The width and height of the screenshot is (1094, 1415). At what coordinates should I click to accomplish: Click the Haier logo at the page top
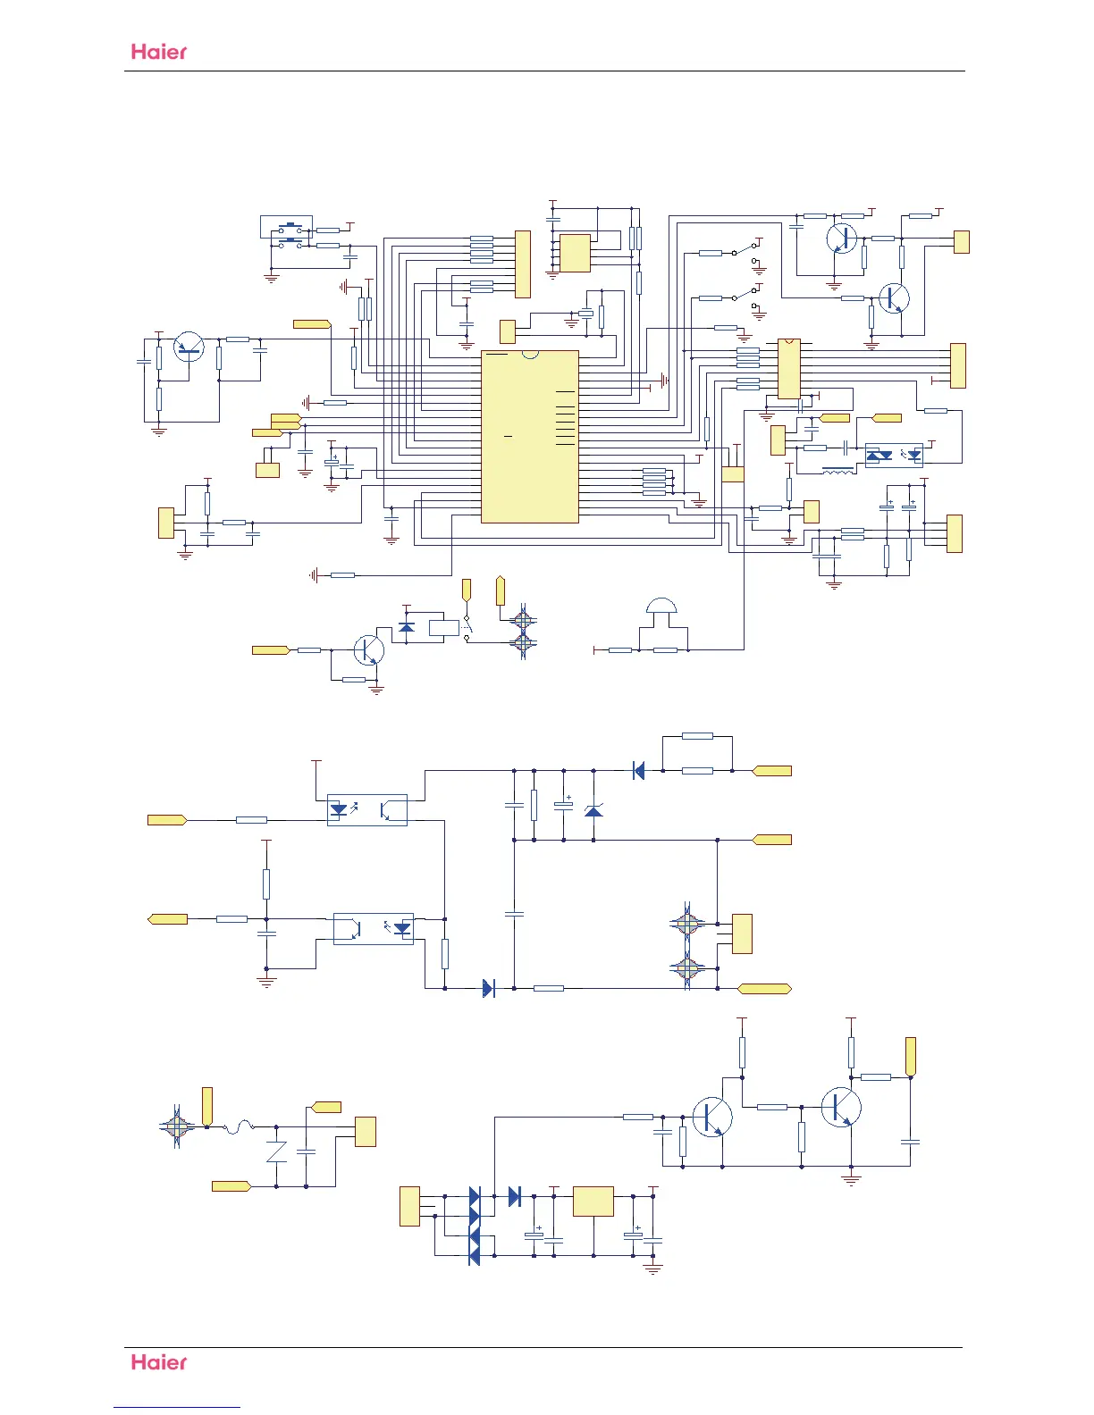coord(159,52)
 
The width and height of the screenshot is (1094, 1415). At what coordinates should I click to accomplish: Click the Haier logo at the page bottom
coord(159,1362)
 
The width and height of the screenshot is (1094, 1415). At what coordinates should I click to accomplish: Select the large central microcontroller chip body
coord(530,437)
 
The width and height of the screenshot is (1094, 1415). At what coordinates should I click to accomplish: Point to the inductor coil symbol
coord(837,471)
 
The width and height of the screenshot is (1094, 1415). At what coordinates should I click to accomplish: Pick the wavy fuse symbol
coord(239,1128)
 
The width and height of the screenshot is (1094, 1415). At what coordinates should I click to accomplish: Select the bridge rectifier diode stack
coord(475,1227)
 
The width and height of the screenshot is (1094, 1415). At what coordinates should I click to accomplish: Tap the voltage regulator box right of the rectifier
coord(593,1201)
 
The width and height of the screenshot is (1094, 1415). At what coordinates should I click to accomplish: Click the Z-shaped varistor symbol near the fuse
coord(276,1151)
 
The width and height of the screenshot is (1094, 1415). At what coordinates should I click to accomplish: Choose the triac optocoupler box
coord(894,456)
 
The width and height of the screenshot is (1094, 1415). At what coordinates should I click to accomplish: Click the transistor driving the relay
coord(368,650)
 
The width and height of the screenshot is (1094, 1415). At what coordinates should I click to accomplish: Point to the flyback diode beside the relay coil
coord(407,627)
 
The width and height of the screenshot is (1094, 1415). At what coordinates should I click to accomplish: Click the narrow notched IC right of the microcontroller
coord(788,368)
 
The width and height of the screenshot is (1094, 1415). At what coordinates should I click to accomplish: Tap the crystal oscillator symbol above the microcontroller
coord(585,313)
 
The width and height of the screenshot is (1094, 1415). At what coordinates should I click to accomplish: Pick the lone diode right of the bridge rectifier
coord(514,1196)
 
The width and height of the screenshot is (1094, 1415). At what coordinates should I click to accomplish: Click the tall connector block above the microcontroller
coord(523,264)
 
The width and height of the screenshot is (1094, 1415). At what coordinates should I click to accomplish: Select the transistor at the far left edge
coord(189,346)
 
